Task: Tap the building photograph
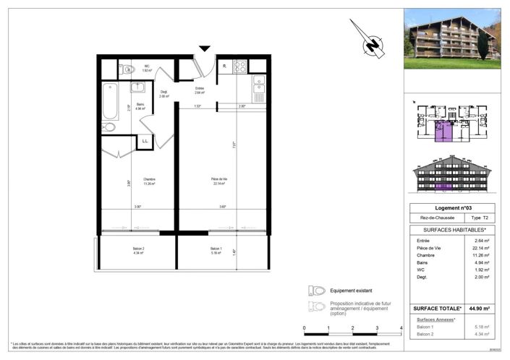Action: click(452, 38)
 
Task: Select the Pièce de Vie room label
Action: click(220, 181)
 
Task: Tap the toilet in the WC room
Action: click(128, 69)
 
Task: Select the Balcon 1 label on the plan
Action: click(216, 252)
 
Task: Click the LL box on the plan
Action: click(145, 140)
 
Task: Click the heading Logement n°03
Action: click(451, 207)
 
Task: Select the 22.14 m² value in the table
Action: click(481, 247)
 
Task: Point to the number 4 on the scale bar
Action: click(400, 328)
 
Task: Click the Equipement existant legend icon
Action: click(317, 291)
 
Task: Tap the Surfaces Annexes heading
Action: click(436, 319)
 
